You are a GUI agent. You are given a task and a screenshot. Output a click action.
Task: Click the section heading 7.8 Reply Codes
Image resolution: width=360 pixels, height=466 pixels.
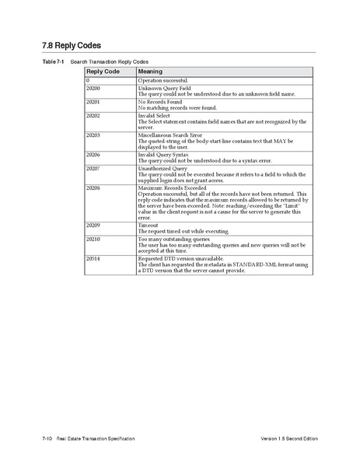tap(72, 45)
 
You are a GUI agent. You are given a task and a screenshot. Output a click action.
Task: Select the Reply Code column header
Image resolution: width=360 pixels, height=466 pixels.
tap(102, 71)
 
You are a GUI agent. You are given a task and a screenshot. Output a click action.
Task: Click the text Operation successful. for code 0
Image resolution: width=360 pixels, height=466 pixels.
tap(163, 80)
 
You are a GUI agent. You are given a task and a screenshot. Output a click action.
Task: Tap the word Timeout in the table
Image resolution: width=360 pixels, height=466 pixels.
tap(148, 225)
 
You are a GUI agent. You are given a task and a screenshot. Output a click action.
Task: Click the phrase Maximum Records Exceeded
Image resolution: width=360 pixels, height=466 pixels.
tap(172, 187)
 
